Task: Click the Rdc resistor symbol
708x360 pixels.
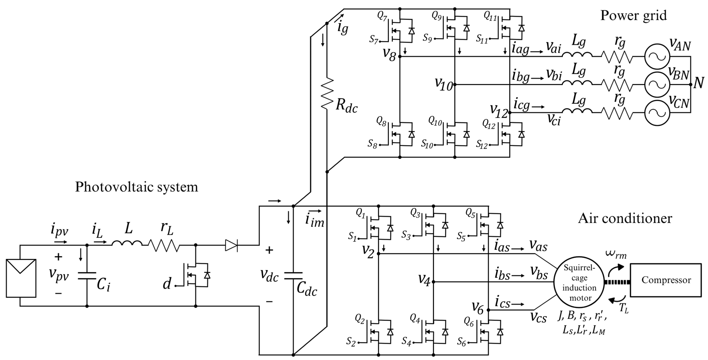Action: pos(327,94)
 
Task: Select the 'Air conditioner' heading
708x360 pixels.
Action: pos(625,219)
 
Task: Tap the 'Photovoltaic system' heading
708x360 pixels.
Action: pos(137,187)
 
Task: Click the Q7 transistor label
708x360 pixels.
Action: pos(382,17)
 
